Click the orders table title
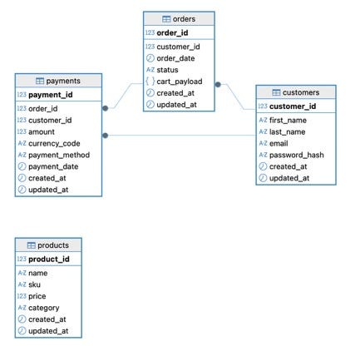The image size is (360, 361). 184,19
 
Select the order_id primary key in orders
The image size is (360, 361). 172,32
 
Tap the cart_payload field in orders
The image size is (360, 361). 180,82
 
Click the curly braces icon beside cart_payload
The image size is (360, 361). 150,82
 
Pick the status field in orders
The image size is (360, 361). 167,70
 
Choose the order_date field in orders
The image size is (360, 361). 175,58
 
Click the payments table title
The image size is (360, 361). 63,81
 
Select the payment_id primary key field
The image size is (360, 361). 51,95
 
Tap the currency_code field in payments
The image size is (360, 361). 54,144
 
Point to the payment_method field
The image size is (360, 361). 59,155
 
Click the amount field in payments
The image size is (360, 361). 42,132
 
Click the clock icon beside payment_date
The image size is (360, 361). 22,166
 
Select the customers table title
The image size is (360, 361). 301,92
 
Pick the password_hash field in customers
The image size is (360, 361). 297,155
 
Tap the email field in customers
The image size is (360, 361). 279,143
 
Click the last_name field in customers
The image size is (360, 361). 287,132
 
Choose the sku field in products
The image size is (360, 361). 34,284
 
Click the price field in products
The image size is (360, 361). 37,296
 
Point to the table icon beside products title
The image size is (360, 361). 32,245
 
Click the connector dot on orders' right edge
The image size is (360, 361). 218,84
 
